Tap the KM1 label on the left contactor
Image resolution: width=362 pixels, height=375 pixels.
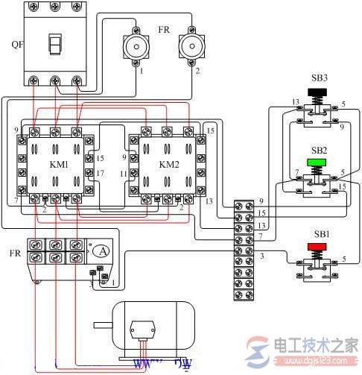[x=54, y=163]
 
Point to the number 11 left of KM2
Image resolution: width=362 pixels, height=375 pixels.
[x=124, y=173]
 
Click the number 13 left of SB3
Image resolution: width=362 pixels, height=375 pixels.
[x=274, y=102]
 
